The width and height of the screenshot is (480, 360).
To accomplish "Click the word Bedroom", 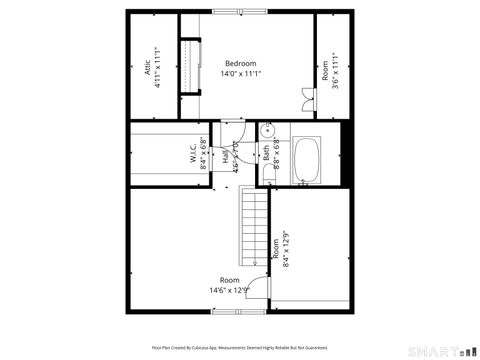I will click(x=240, y=63).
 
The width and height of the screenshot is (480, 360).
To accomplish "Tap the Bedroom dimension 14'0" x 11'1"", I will click(x=240, y=74).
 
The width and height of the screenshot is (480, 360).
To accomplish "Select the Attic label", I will click(x=146, y=68).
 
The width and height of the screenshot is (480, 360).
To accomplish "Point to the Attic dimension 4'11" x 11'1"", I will click(x=158, y=68).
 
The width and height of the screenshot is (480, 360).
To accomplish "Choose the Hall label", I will click(x=226, y=156).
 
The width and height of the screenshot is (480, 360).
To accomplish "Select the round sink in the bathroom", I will click(x=268, y=131).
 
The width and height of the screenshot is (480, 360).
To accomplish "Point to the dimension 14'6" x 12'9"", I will click(x=229, y=291).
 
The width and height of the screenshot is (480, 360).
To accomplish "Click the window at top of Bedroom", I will click(x=240, y=12).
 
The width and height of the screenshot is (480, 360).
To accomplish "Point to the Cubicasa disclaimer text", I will click(x=240, y=348).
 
